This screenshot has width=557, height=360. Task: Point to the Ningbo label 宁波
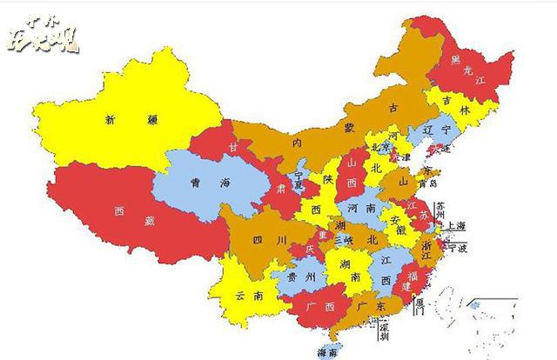click(459, 249)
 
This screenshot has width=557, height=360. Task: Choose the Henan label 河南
click(364, 209)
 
